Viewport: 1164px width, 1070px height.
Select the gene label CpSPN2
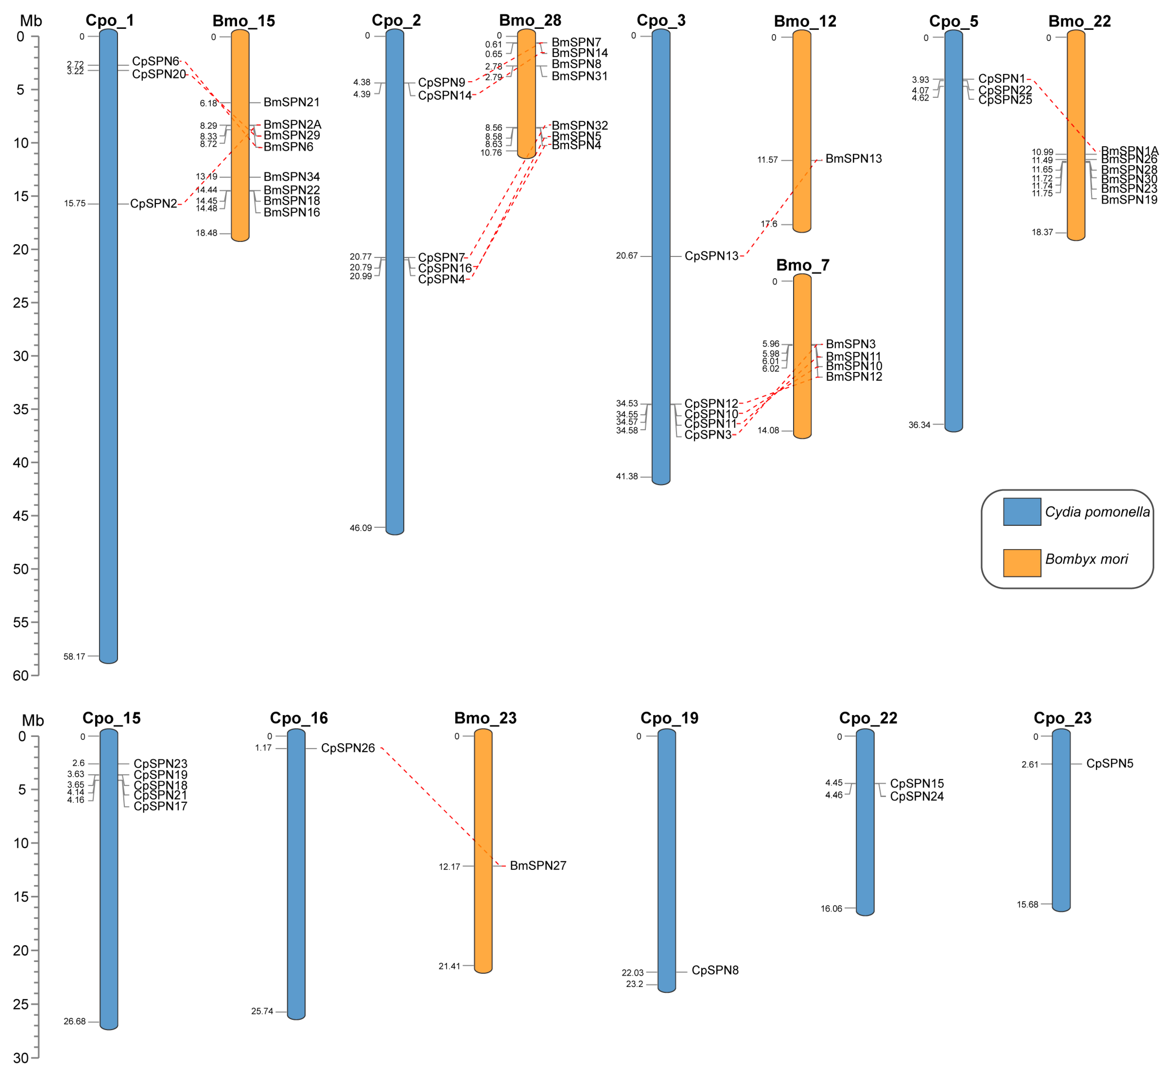tap(153, 204)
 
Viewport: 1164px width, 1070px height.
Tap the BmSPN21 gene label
tap(291, 102)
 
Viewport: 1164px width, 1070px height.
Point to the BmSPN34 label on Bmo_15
tap(291, 177)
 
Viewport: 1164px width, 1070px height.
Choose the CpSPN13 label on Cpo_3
tap(711, 256)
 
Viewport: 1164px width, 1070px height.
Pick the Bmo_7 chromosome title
tap(802, 265)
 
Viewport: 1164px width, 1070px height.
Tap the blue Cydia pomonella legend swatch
tap(1022, 512)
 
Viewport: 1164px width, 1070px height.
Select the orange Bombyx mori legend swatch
tap(1022, 563)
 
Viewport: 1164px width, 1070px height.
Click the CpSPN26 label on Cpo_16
tap(348, 748)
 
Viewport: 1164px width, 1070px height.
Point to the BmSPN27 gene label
tap(538, 866)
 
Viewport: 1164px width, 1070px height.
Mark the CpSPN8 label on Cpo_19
tap(715, 970)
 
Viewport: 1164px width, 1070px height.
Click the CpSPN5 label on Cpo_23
tap(1109, 764)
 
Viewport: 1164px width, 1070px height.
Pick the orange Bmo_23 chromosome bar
tap(483, 851)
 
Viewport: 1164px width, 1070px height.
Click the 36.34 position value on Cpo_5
tap(919, 425)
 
